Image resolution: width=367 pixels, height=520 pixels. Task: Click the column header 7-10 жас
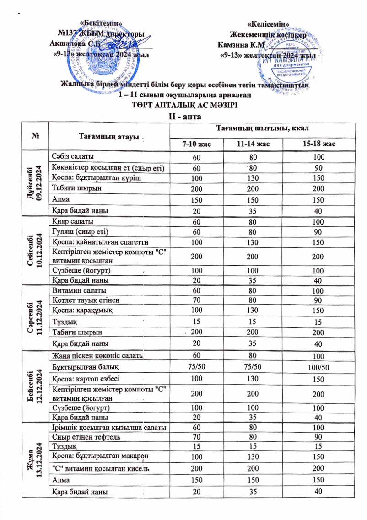(x=196, y=145)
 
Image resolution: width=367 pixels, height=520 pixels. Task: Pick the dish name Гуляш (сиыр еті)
(x=80, y=231)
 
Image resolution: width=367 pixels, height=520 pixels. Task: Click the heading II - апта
(x=183, y=117)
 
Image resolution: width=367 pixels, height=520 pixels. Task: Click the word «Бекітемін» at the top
(x=101, y=23)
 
